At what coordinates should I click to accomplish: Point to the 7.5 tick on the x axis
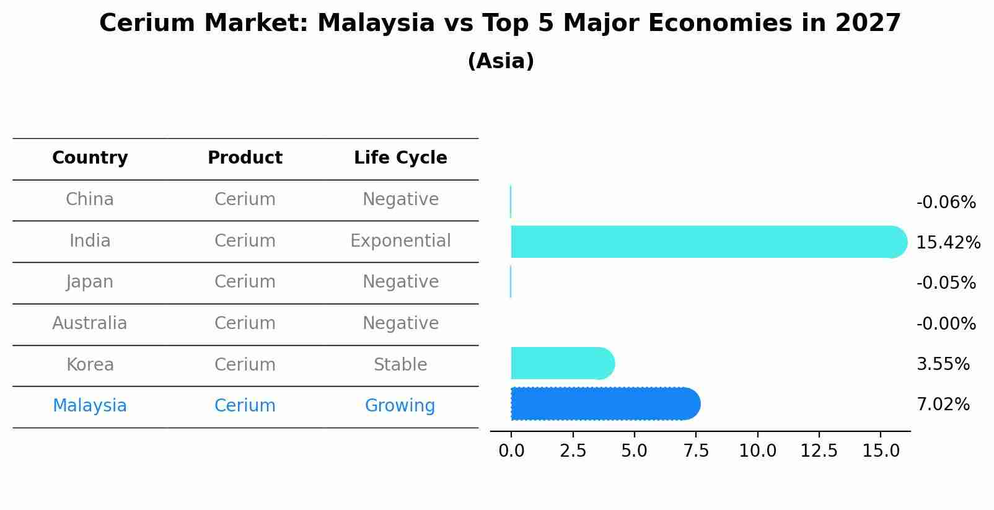coord(696,451)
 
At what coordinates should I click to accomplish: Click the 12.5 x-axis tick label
coord(819,451)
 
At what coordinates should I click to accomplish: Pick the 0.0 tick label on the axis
coord(511,451)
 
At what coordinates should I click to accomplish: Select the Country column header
coord(90,158)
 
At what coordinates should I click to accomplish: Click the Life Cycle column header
coord(400,158)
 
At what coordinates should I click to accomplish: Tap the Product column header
coord(245,158)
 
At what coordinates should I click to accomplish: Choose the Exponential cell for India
coord(400,240)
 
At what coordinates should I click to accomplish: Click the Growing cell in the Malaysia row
coord(400,406)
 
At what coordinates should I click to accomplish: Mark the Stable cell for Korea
coord(400,364)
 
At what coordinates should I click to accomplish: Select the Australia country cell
coord(90,323)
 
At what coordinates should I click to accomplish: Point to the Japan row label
coord(90,282)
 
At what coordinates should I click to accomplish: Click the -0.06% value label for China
coord(946,203)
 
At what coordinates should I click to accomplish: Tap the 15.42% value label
coord(948,243)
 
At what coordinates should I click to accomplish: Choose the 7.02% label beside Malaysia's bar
coord(943,405)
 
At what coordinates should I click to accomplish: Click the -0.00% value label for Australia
coord(946,324)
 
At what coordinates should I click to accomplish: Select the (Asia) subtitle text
coord(501,61)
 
